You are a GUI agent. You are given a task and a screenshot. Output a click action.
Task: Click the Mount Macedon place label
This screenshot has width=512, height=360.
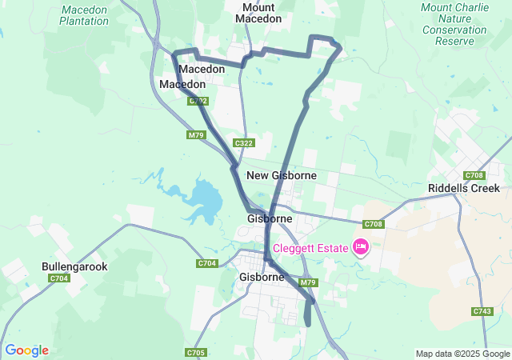258,13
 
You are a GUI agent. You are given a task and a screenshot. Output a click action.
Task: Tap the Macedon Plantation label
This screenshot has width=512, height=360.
84,15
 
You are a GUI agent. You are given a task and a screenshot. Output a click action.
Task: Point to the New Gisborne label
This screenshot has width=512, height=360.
282,175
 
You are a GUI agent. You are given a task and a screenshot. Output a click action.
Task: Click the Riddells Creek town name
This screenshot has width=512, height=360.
464,189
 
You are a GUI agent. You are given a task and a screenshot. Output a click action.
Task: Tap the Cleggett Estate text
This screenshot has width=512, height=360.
310,248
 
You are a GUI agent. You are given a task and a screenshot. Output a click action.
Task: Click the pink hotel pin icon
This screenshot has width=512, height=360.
360,247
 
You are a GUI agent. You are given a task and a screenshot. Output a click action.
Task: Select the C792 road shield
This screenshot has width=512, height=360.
199,102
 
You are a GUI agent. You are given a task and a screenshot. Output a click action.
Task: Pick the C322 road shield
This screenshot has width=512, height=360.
244,143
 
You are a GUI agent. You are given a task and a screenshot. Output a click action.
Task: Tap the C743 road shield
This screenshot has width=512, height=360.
482,311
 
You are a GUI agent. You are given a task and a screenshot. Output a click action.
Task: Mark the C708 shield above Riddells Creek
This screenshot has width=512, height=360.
474,175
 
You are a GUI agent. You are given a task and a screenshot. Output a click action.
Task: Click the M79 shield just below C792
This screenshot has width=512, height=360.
197,135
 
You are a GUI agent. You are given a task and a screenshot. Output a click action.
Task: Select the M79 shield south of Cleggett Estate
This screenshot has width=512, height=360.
310,282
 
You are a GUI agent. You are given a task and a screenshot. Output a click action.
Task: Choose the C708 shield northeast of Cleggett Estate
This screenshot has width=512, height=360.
374,225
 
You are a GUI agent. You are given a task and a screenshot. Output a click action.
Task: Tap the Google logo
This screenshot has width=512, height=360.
26,350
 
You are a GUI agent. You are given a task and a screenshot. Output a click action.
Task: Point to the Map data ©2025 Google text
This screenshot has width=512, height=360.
462,354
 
